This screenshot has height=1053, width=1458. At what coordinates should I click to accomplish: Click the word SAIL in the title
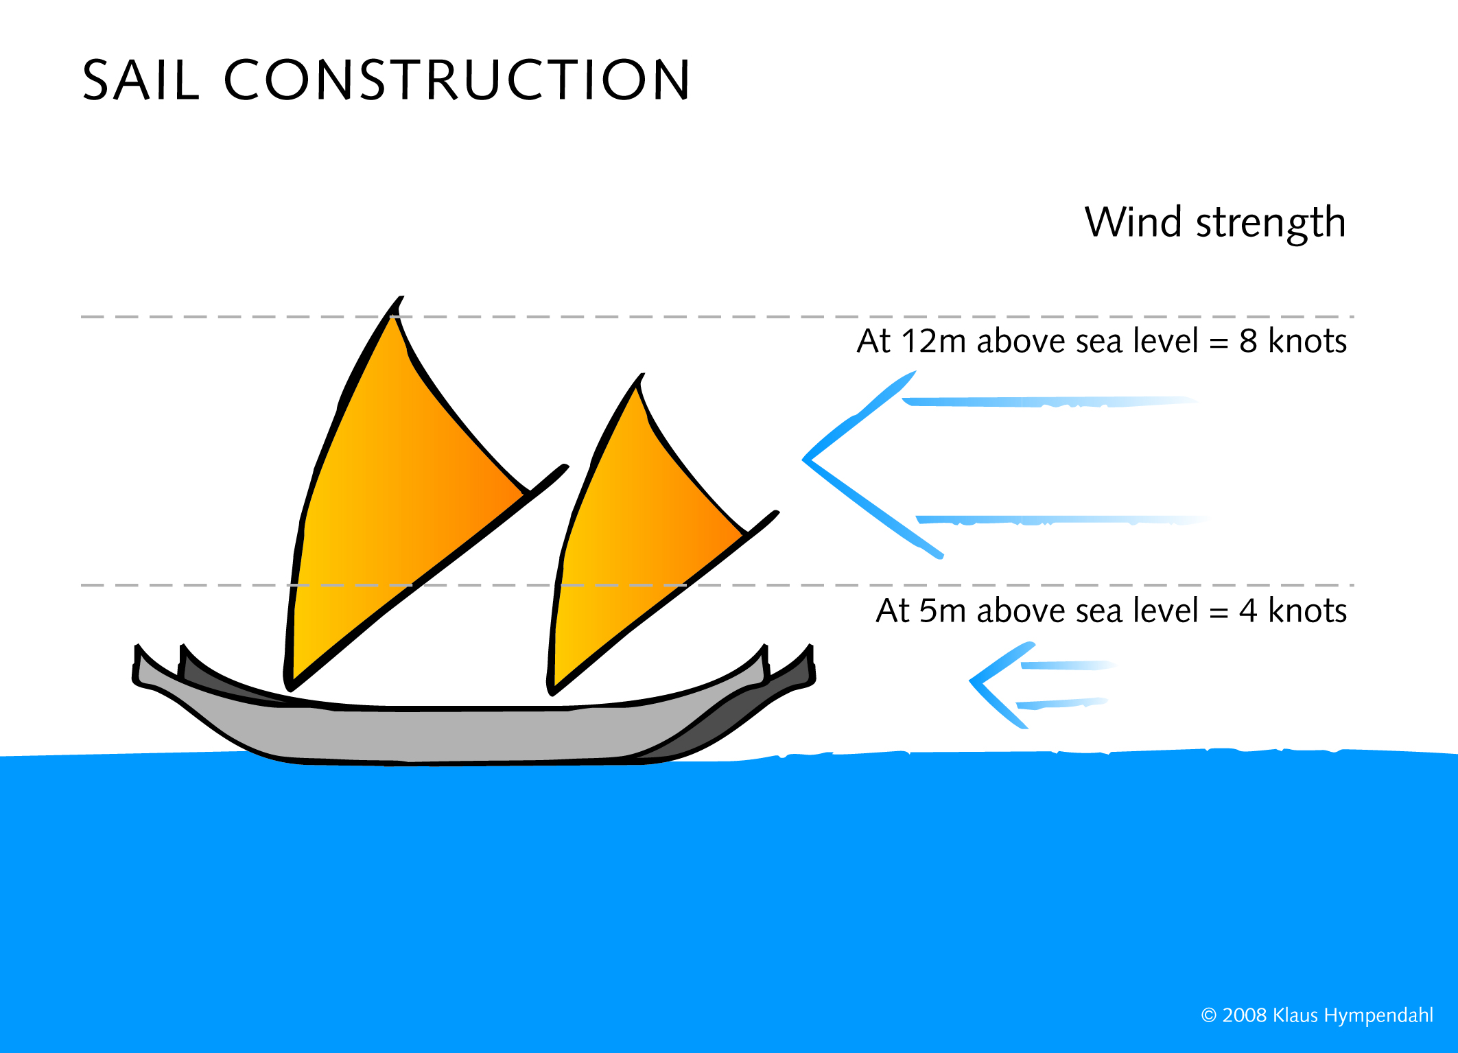coord(141,80)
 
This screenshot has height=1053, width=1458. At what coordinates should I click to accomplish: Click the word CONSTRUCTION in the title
coord(457,80)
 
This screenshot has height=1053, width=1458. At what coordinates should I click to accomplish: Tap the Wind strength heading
coord(1215,223)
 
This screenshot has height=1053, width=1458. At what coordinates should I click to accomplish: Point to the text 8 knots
coord(1293,340)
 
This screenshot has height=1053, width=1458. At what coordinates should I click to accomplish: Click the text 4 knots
coord(1293,610)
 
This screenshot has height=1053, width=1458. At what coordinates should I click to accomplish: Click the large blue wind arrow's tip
coord(804,460)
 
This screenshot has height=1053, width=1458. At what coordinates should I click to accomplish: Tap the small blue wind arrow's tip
coord(971,681)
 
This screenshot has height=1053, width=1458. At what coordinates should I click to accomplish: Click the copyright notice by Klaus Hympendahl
coord(1317,1016)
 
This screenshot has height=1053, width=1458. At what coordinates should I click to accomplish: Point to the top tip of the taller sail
coord(401,297)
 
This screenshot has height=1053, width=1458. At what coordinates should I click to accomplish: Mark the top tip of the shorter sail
coord(642,375)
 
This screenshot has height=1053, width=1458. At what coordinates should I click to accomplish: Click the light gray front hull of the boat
coord(453,731)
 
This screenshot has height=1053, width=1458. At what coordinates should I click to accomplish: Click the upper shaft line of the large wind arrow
coord(1050,402)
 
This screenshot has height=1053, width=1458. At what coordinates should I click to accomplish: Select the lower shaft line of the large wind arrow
coord(1062,520)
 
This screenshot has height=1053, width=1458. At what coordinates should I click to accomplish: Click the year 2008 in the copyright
coord(1244,1015)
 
